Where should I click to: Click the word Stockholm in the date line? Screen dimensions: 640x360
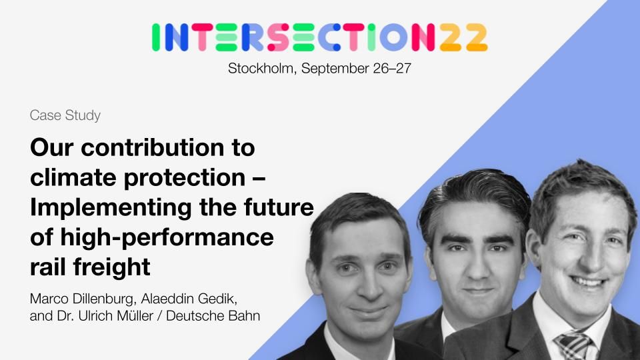click(261, 68)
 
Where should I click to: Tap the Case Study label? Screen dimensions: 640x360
click(65, 115)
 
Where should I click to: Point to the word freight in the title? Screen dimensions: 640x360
click(111, 268)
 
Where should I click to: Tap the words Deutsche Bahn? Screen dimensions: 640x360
click(213, 316)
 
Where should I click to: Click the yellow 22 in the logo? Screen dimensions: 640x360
click(464, 37)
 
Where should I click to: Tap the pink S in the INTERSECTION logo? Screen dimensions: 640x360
click(278, 37)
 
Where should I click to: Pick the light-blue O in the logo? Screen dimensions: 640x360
click(393, 37)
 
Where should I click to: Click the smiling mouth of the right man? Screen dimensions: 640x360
click(589, 281)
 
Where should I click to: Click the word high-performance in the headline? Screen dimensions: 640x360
click(167, 238)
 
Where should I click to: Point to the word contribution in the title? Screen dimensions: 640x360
click(153, 148)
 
